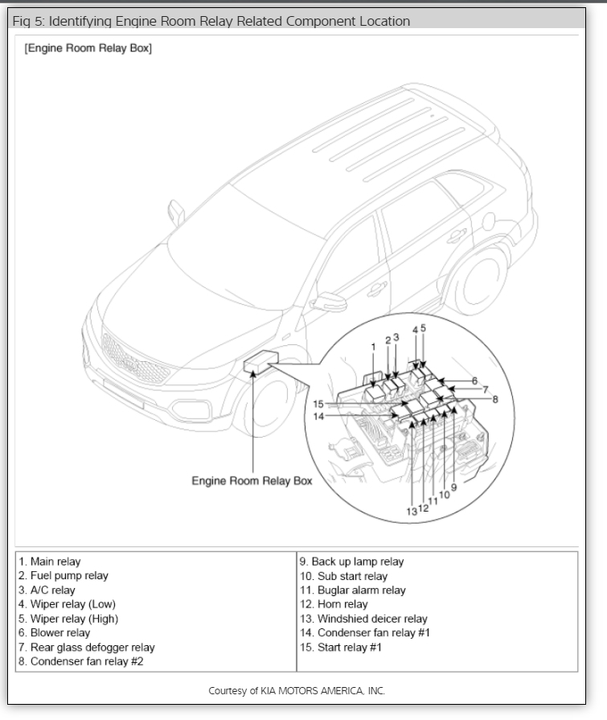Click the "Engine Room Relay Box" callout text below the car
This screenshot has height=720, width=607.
pos(252,481)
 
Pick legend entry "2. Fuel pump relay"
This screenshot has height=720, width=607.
pos(64,576)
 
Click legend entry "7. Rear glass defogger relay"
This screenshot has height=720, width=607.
pos(87,647)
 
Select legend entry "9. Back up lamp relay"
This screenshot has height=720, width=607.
pos(351,562)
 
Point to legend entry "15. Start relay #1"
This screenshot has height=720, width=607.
pos(341,647)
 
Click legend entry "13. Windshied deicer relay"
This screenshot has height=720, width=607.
pos(363,619)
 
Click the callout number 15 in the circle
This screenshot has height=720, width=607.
pos(318,404)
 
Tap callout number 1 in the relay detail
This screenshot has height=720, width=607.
pos(374,347)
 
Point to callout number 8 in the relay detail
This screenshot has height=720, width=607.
pos(496,398)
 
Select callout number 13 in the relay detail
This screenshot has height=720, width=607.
pos(412,511)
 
